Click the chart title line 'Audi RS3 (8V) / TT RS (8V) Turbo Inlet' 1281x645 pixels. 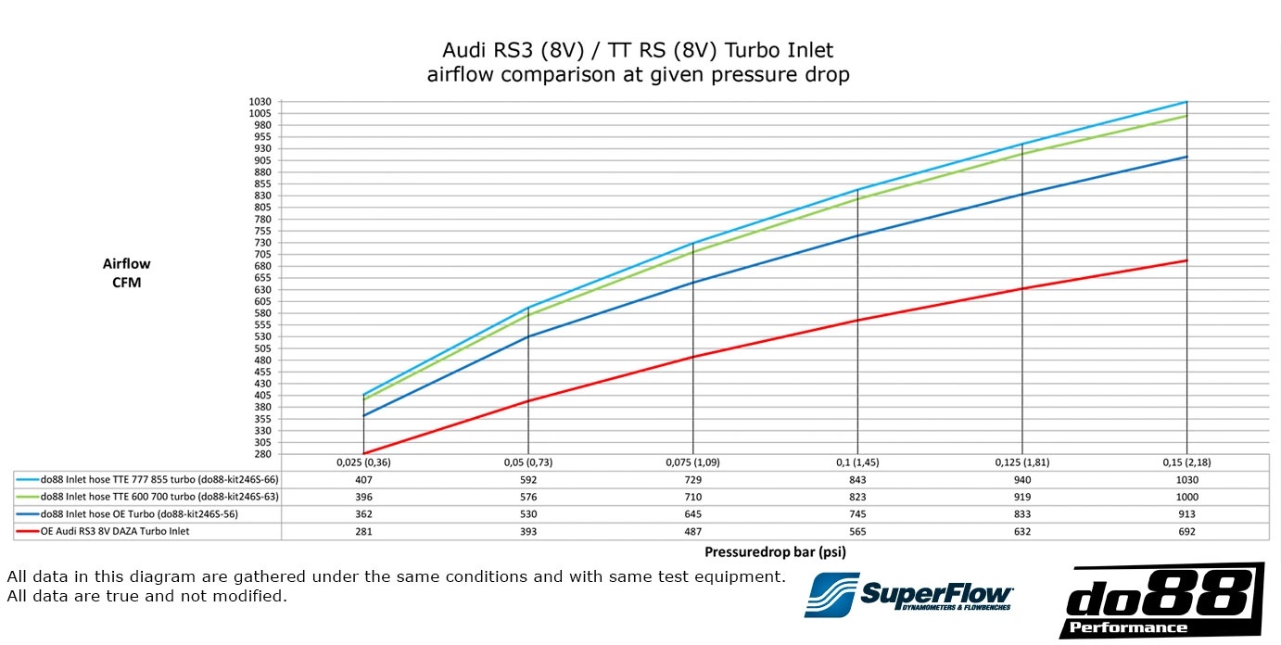638,50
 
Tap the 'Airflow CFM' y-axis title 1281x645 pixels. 126,273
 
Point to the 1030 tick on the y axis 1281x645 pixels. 260,101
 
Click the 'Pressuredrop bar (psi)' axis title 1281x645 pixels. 775,551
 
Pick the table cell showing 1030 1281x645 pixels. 1186,480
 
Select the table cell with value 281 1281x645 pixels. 362,532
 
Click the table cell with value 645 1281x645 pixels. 692,514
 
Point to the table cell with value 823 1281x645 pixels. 857,497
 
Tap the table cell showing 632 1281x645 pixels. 1021,532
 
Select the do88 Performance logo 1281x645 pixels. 1161,601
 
